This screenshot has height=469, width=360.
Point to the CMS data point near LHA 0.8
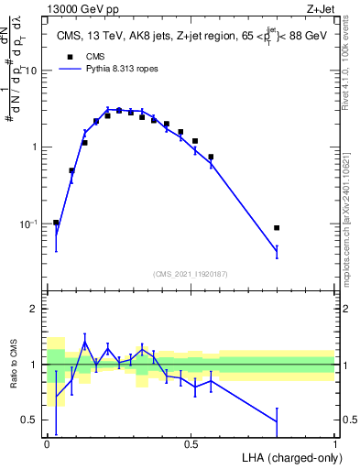click(x=277, y=227)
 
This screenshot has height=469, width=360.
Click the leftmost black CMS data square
click(x=56, y=223)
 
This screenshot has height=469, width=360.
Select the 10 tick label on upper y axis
click(x=31, y=71)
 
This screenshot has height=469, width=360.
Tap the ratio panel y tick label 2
click(x=35, y=309)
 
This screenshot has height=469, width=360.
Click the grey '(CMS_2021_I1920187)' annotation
click(x=190, y=274)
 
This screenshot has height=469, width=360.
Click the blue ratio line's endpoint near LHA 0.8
click(x=277, y=421)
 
